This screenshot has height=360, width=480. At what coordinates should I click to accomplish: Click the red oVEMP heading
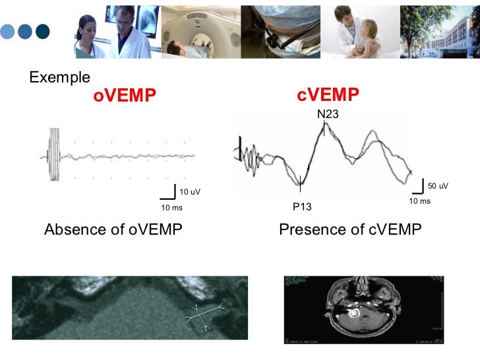[125, 96]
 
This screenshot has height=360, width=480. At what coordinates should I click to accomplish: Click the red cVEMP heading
[328, 96]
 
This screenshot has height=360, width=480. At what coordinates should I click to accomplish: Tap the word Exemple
[60, 77]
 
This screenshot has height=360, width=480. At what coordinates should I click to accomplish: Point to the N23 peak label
[328, 114]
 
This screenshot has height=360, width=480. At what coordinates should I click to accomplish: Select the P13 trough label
[302, 207]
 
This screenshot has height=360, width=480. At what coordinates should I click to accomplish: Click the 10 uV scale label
[190, 192]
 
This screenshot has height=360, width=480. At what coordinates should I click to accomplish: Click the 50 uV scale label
[438, 186]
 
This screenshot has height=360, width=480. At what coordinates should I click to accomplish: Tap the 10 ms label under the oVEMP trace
[171, 208]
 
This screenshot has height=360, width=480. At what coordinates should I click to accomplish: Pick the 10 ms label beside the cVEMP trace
[419, 201]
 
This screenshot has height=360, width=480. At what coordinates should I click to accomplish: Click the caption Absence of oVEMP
[113, 229]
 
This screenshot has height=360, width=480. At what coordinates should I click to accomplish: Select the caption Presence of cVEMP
[350, 229]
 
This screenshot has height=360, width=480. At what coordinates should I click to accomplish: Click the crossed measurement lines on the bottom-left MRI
[204, 316]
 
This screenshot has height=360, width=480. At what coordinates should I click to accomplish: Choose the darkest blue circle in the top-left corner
[43, 31]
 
